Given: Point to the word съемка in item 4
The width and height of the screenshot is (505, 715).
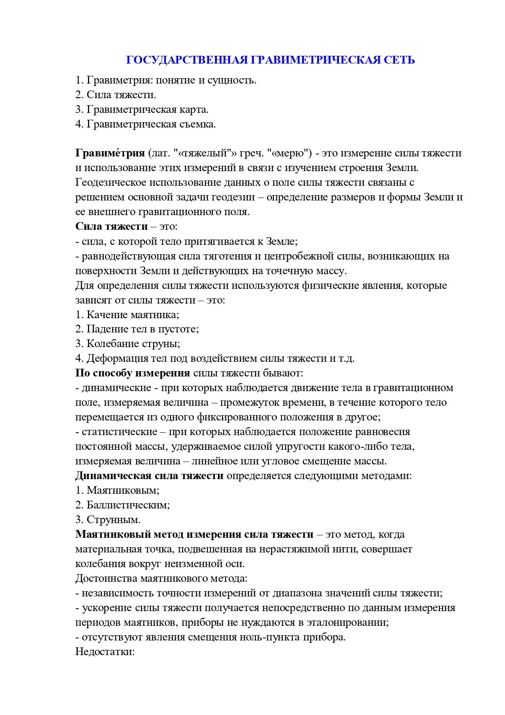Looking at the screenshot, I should (198, 124).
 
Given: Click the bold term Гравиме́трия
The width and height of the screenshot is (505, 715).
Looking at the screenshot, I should (110, 153).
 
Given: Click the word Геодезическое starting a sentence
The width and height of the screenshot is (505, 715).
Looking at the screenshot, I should (110, 183).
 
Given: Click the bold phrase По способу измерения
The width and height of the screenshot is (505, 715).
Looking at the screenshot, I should (133, 373).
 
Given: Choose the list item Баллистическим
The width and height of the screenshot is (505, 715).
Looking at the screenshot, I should (128, 505).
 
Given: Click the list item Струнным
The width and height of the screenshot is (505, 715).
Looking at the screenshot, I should (114, 520).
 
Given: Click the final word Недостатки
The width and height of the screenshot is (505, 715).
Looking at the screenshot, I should (105, 652).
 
